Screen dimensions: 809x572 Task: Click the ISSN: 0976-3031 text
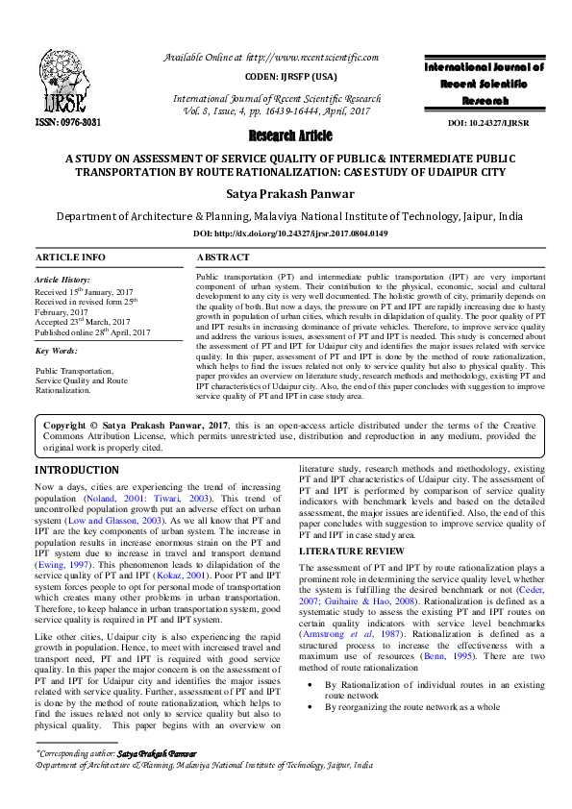[67, 123]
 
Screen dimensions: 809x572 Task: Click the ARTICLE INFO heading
[70, 258]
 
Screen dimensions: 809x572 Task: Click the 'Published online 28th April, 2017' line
[92, 332]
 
